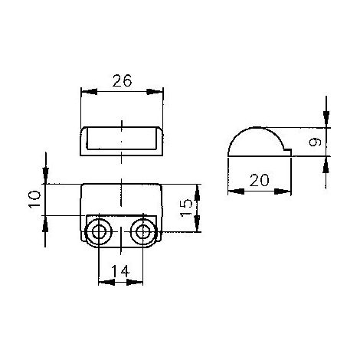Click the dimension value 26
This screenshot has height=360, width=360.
coord(122,80)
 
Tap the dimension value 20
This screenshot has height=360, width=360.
coord(259,180)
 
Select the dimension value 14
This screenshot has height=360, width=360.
coord(120,271)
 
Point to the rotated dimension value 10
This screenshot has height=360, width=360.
coord(34,199)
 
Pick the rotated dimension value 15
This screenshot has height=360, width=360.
coord(186,208)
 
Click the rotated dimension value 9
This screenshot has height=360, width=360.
coord(315,142)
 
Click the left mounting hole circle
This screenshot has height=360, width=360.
coord(99,232)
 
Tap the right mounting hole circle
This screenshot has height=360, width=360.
coord(143,232)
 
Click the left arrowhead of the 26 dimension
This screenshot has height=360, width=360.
coord(89,92)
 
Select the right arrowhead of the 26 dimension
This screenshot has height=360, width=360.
coord(155,92)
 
